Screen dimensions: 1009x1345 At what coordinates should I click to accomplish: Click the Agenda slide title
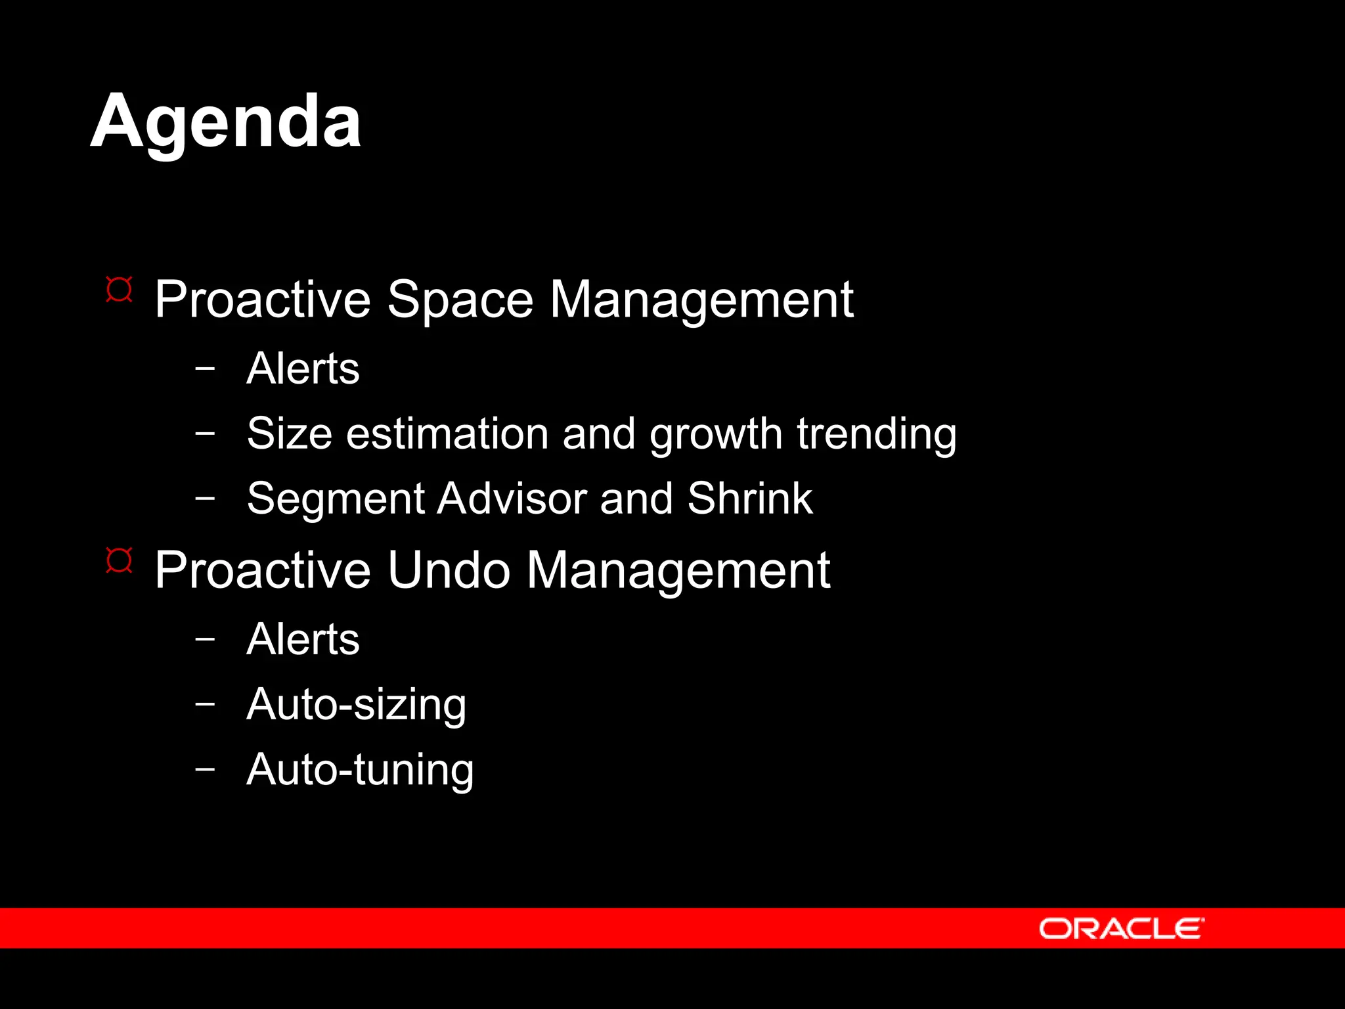pos(225,122)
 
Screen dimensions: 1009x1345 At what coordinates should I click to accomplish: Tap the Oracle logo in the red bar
pos(1121,929)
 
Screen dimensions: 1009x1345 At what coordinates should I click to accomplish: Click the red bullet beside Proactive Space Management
pos(119,290)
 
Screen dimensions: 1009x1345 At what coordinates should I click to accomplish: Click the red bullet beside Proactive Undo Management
pos(119,560)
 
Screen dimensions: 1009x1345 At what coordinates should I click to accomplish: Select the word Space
pos(460,300)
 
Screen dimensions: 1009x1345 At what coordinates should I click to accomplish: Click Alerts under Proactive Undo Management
pos(303,639)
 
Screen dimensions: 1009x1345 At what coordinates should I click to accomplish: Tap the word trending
pos(877,435)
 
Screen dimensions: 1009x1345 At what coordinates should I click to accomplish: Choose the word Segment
pos(336,499)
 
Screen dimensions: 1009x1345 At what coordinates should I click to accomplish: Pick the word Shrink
pos(750,498)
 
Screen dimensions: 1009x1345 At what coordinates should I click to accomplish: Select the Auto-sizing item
pos(356,705)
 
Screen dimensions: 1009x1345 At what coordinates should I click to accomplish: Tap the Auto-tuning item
pos(360,770)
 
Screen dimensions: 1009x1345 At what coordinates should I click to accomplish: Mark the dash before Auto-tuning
pos(205,768)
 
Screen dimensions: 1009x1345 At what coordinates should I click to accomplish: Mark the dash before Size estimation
pos(205,432)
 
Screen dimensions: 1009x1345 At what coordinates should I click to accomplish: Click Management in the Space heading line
pos(701,300)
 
